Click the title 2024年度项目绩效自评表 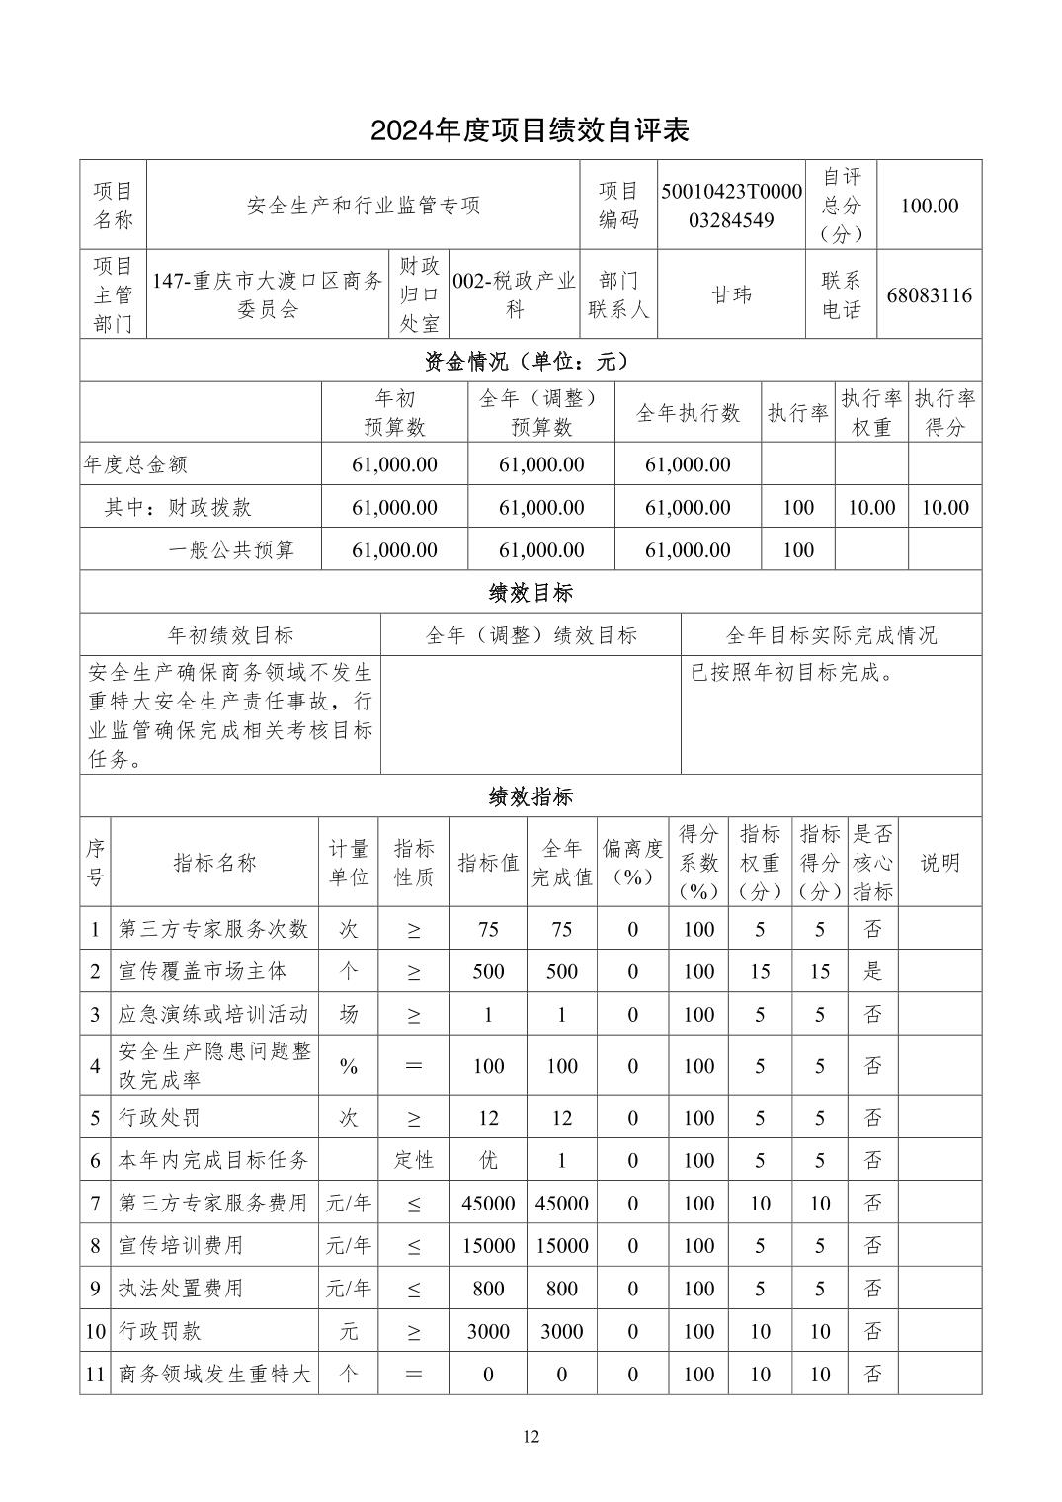(530, 129)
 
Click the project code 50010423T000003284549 (731, 205)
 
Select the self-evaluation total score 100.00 (929, 206)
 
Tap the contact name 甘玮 (731, 294)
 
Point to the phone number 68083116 (929, 294)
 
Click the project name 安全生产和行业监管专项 (363, 206)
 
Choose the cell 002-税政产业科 (514, 294)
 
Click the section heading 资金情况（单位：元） (530, 362)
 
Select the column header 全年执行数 (688, 413)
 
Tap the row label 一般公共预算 (231, 549)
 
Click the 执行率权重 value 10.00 (871, 507)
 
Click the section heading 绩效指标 (530, 796)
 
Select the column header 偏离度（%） (632, 862)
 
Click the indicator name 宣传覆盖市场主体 (203, 971)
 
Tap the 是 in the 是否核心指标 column (872, 971)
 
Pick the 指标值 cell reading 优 (488, 1160)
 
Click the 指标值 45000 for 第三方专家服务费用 (488, 1203)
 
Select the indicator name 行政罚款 (160, 1331)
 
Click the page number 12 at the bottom (531, 1437)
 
